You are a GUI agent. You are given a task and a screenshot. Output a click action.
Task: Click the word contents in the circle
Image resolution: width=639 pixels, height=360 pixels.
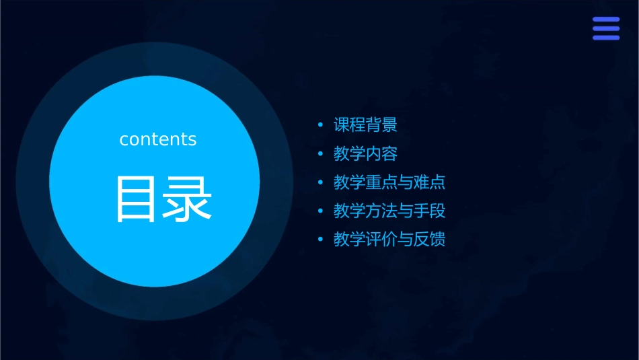158,139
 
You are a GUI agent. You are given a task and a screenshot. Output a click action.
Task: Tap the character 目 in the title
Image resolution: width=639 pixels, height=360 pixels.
137,199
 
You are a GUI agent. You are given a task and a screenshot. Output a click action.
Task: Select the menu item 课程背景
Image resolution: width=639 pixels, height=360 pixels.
365,125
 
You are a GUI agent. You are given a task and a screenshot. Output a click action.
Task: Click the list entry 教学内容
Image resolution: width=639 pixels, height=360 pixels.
365,154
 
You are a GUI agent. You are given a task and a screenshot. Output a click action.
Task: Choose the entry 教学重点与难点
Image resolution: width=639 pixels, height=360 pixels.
389,182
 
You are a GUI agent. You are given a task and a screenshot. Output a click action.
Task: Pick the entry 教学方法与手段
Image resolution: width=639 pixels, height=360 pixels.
389,211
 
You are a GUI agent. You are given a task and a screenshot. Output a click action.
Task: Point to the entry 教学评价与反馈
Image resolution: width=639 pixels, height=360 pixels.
389,240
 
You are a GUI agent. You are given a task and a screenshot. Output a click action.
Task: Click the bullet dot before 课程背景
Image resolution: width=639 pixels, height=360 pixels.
321,126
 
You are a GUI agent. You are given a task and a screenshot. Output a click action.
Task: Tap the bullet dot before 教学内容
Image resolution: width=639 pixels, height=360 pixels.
321,155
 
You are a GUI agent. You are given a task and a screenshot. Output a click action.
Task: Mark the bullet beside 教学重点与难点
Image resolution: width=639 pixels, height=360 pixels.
321,183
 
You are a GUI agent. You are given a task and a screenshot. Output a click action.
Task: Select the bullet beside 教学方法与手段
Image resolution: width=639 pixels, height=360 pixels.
321,211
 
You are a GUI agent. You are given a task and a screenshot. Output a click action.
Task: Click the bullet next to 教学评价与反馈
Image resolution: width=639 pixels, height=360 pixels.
321,240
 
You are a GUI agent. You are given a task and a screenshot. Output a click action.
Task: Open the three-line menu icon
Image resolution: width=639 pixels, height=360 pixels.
606,29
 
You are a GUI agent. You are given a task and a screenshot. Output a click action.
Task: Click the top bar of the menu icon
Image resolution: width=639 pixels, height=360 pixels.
606,20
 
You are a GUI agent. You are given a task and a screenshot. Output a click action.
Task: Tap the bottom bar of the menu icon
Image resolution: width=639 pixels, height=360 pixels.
606,38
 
